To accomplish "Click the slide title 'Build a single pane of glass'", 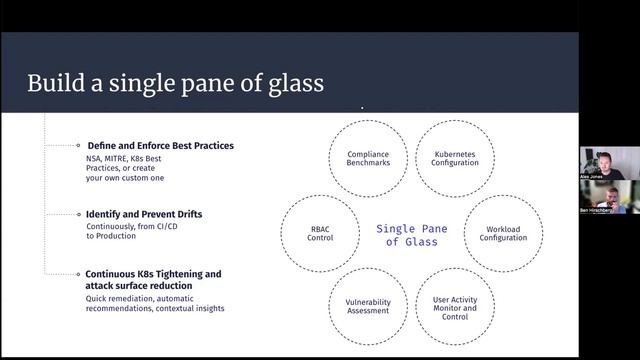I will [x=175, y=83].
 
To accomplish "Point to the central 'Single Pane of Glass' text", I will [x=411, y=234].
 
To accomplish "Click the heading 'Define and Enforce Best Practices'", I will [x=160, y=146].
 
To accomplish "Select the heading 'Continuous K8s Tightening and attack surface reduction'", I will [x=153, y=280].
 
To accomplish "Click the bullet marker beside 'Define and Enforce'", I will [x=78, y=146].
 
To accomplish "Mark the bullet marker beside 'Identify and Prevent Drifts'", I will [x=78, y=214].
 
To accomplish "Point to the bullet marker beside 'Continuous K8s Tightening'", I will [x=78, y=274].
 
